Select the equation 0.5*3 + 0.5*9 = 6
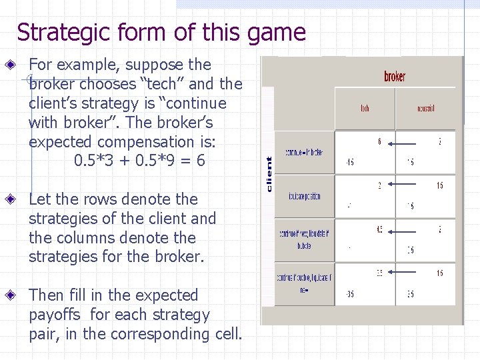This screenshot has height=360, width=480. (139, 161)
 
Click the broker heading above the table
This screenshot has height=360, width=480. (395, 77)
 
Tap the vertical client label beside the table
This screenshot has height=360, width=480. (269, 175)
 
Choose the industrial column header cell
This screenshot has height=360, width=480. (425, 108)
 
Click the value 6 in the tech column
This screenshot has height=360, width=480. (380, 141)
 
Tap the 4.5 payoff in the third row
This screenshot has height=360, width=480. (379, 230)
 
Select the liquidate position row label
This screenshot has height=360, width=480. (304, 197)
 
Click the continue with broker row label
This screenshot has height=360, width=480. (304, 153)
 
